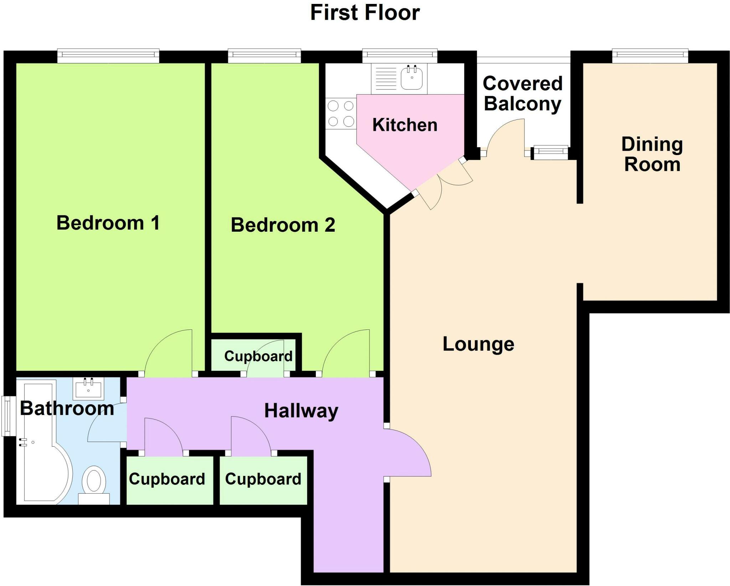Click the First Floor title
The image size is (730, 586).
click(x=365, y=13)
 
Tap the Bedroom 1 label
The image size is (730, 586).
click(x=108, y=223)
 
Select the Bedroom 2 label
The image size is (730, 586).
click(x=283, y=225)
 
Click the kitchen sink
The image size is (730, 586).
click(x=412, y=78)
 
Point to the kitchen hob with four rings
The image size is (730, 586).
click(x=341, y=114)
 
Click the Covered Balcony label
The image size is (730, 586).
click(x=523, y=93)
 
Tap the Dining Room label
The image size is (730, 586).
click(x=652, y=154)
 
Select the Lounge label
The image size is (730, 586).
click(x=478, y=344)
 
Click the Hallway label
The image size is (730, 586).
click(x=301, y=411)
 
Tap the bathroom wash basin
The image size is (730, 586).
click(x=88, y=388)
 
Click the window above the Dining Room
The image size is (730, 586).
click(x=650, y=55)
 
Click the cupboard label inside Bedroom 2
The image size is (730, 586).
click(x=258, y=356)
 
